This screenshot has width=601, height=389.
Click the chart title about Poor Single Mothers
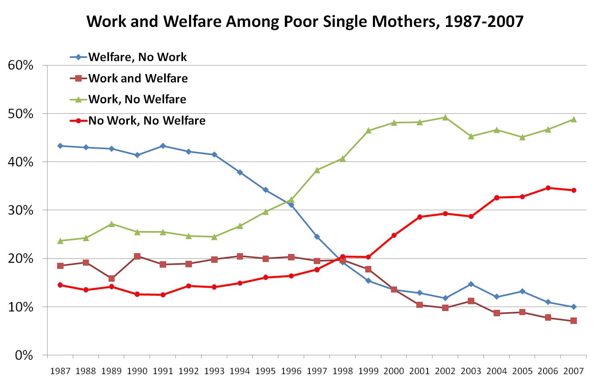(305, 21)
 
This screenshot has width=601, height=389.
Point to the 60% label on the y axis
(21, 66)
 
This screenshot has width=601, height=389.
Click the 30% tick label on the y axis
(21, 210)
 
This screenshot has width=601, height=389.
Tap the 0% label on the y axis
(24, 355)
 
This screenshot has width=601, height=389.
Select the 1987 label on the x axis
(60, 371)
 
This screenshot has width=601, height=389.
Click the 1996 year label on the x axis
(291, 371)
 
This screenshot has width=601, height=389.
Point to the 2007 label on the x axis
(573, 371)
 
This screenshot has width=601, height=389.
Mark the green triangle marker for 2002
(445, 117)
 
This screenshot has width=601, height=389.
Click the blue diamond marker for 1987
(60, 146)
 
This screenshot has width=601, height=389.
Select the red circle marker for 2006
(548, 188)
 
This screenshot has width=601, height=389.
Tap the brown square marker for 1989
(111, 278)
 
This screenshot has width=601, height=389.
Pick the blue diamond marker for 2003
(471, 284)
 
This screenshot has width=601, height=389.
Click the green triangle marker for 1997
(317, 170)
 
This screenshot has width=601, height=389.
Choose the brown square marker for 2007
(574, 321)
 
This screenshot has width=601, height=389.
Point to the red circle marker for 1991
(163, 295)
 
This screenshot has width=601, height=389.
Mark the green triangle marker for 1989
(111, 224)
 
